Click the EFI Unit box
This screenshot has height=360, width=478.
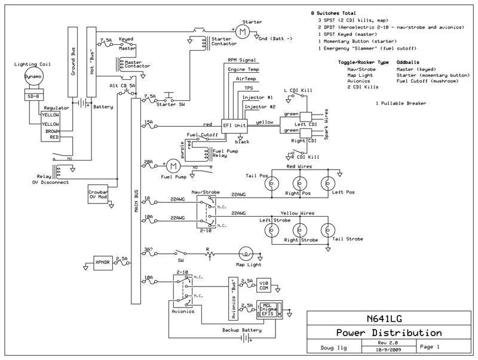(234, 125)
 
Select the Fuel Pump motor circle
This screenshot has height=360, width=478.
(173, 164)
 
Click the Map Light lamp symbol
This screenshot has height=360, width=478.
(245, 253)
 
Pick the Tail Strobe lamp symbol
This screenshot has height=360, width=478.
(326, 229)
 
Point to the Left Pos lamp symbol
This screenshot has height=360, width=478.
(326, 183)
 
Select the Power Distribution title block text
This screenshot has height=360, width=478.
(389, 333)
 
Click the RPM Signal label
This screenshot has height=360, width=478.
(241, 60)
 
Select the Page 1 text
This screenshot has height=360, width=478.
(431, 346)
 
